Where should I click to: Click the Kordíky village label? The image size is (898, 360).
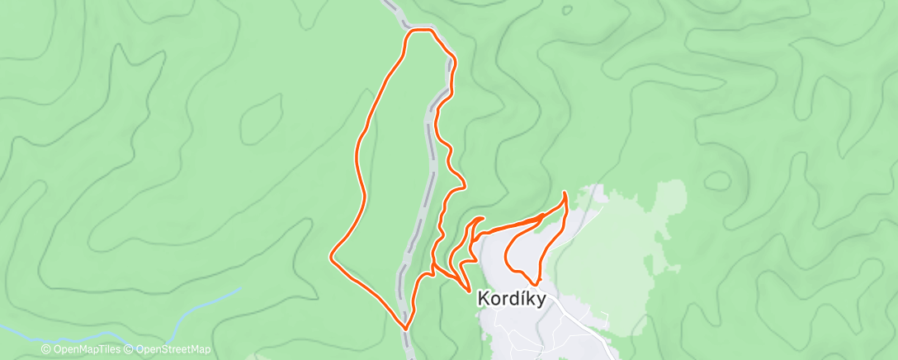[x=512, y=300]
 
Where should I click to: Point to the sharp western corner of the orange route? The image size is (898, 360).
[x=332, y=256]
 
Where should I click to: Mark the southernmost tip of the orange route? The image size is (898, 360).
[x=406, y=327]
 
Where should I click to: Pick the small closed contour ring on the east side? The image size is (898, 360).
[x=717, y=179]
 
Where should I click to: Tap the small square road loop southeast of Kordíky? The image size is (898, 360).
[x=605, y=319]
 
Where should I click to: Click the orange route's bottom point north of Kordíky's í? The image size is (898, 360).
[x=534, y=286]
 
